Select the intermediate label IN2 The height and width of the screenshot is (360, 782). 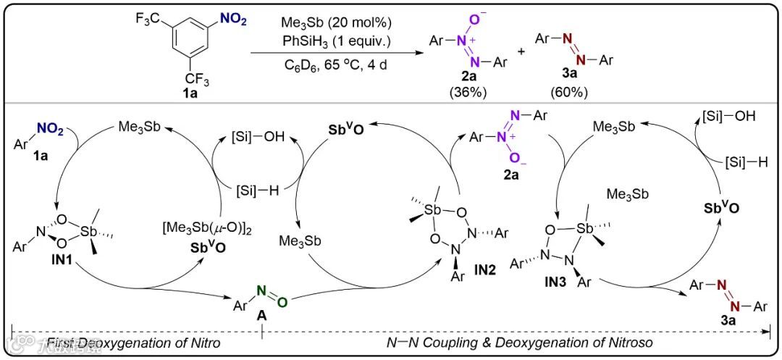coord(486,268)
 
